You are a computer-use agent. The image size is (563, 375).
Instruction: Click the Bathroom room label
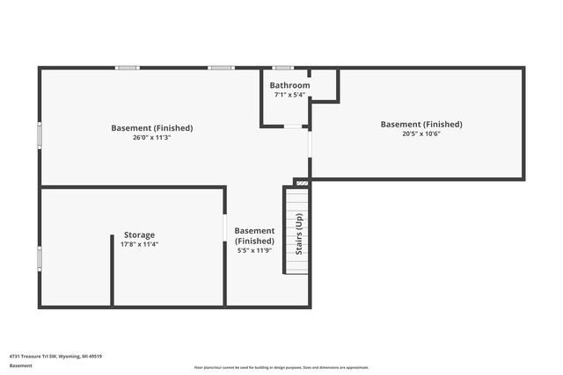(x=290, y=85)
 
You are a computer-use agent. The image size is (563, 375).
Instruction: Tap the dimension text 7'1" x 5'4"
(x=290, y=94)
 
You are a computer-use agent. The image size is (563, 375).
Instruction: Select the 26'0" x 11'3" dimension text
(x=151, y=137)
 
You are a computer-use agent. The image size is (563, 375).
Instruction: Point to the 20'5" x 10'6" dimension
(x=420, y=133)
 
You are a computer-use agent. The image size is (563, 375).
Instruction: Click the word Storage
(x=139, y=234)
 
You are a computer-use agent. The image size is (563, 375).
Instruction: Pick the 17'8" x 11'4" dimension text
(x=139, y=244)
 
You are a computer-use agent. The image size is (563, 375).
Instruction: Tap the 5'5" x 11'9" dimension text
(x=254, y=250)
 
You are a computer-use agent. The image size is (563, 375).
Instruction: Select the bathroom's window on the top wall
(x=281, y=68)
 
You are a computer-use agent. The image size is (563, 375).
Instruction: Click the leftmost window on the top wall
(x=128, y=68)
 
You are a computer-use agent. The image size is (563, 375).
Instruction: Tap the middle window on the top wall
(x=220, y=68)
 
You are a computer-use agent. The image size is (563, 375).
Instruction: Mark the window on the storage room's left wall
(x=39, y=257)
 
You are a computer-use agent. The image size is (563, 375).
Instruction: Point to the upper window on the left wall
(x=39, y=134)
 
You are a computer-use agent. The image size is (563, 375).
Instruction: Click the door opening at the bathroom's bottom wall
(x=292, y=126)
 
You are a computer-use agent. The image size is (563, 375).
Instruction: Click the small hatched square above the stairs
(x=302, y=182)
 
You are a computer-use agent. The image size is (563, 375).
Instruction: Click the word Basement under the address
(x=21, y=365)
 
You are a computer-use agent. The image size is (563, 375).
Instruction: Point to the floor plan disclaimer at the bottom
(x=281, y=368)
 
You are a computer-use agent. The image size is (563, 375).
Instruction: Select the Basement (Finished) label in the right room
(x=420, y=124)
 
